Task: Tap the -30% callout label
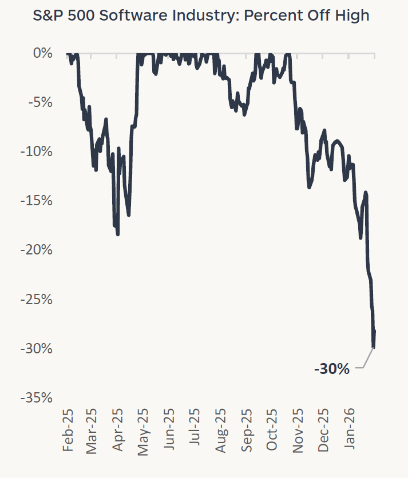tap(331, 369)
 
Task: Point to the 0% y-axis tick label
tap(43, 53)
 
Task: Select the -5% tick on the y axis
tap(39, 102)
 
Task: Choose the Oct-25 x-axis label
tap(273, 430)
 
